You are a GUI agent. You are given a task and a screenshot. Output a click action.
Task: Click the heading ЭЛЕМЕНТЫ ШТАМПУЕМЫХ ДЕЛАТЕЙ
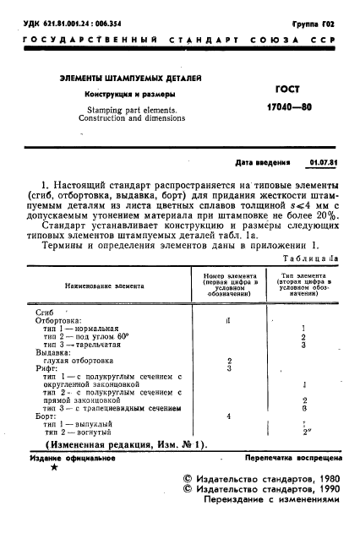(130, 79)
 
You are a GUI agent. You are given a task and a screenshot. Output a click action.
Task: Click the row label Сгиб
(44, 313)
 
